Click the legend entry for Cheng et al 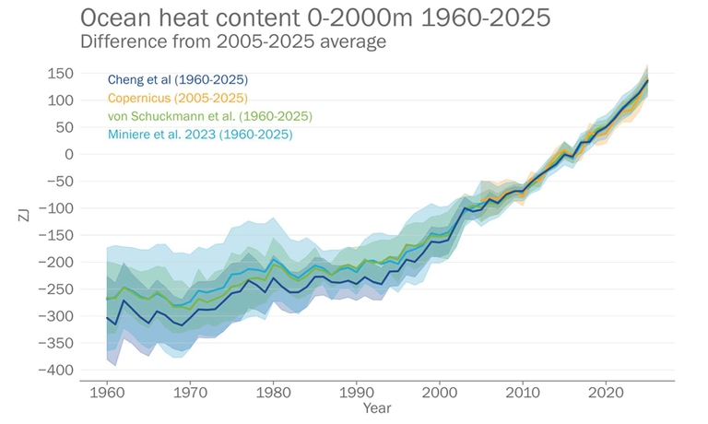[177, 80]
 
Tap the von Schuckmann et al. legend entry [209, 116]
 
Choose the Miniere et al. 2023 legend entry [199, 135]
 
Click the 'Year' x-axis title [376, 407]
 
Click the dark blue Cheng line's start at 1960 [107, 317]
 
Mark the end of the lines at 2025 [647, 80]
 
